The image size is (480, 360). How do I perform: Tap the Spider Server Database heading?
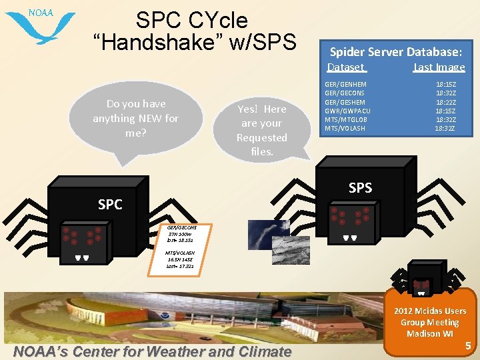pos(396,51)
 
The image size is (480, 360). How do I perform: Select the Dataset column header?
pos(345,67)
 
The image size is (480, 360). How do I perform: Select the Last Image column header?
pos(439,67)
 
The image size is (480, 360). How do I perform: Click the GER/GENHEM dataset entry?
pos(345,85)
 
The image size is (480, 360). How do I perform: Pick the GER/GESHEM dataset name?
pos(345,102)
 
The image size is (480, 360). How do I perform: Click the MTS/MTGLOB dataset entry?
pos(345,119)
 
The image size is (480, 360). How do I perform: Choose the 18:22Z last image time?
pos(445,102)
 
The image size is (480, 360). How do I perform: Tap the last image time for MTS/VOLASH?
pos(445,128)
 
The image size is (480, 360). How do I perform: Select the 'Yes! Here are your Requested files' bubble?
pos(261,130)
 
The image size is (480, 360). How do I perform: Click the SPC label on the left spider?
pos(110,205)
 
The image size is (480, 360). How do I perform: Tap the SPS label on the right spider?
pos(360,188)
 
